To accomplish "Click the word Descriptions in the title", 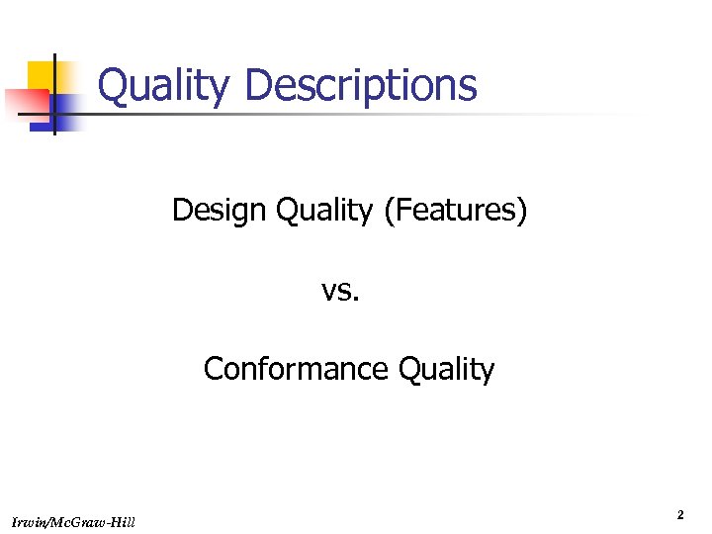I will (x=360, y=85).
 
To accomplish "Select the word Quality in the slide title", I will (x=164, y=85).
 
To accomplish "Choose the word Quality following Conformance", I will (x=446, y=369).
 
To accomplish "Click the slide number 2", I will (x=680, y=515).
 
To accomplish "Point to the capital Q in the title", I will (x=114, y=85).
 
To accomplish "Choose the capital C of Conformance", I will (x=213, y=369).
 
